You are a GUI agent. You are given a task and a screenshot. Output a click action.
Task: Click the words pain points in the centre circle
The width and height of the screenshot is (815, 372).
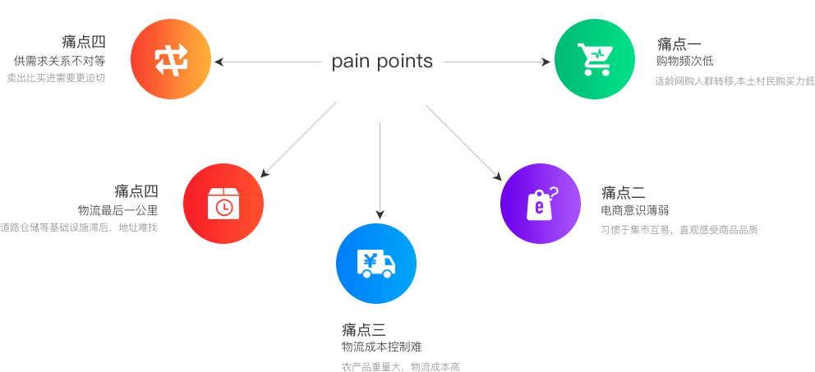(381, 62)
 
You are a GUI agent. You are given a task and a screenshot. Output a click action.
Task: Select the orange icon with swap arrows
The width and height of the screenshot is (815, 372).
(171, 59)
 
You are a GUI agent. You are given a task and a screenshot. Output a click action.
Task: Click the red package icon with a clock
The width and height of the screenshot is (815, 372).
(223, 204)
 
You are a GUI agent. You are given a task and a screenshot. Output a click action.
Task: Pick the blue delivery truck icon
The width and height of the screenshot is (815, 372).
(376, 263)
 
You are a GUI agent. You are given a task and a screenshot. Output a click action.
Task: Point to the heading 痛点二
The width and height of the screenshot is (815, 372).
(622, 193)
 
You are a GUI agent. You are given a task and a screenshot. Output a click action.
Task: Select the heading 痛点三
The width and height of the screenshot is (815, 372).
(363, 330)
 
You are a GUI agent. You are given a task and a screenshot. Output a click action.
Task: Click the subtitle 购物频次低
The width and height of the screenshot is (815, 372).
(684, 62)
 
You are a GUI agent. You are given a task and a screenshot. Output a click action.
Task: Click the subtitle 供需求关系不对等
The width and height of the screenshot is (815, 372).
(59, 61)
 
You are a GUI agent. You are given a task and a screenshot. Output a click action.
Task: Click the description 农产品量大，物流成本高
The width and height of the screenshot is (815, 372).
(400, 367)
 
